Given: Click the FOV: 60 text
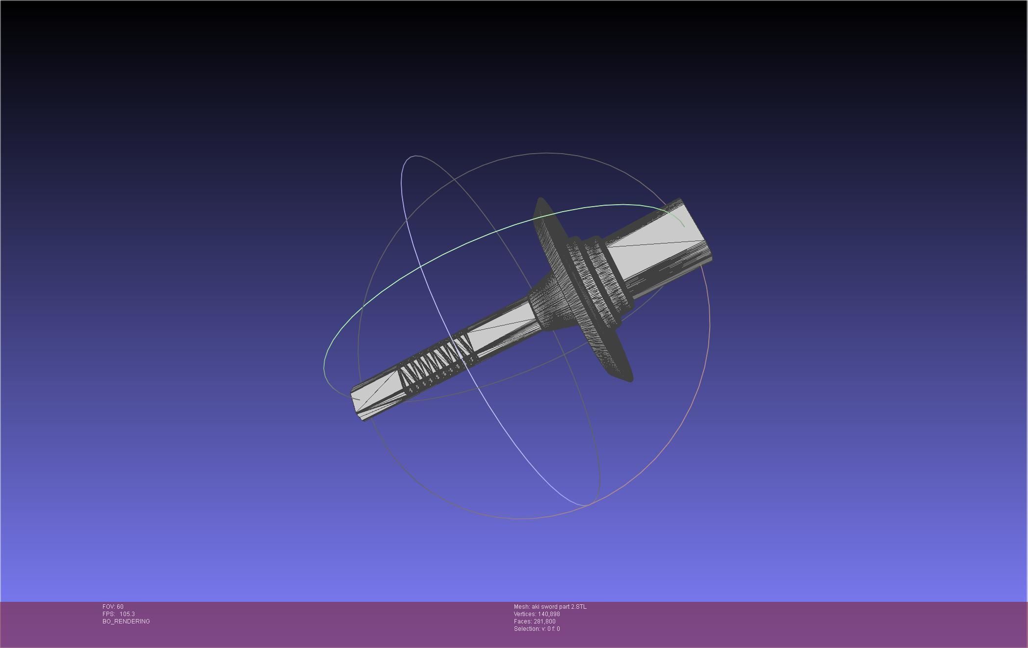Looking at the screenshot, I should [113, 607].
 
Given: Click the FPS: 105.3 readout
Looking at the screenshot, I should [119, 614].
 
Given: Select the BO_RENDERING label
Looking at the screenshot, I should [126, 621].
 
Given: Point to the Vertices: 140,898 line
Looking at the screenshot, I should [537, 614].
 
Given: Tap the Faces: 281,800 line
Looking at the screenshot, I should [535, 621].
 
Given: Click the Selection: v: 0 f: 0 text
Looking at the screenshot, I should [537, 629].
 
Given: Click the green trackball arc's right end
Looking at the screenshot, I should [684, 226].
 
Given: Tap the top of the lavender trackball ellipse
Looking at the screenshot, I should [416, 156].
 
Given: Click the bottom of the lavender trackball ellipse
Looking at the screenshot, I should [586, 505].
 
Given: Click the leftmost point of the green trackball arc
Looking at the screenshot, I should [324, 366].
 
